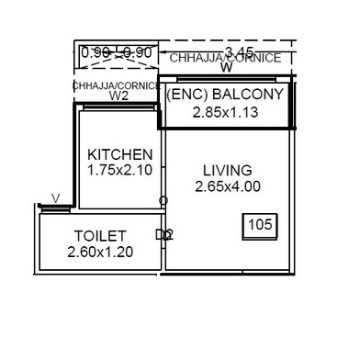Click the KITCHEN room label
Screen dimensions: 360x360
click(119, 153)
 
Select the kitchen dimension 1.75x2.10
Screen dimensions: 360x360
click(119, 170)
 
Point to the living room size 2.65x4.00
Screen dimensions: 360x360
click(228, 186)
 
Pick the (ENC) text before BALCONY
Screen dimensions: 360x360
click(189, 96)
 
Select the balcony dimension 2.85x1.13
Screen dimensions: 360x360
click(225, 113)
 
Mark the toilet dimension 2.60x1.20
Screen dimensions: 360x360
click(100, 251)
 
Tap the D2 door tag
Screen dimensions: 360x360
click(163, 234)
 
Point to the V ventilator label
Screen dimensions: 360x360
click(55, 197)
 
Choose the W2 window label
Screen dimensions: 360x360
click(118, 95)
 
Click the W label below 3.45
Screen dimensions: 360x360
click(226, 67)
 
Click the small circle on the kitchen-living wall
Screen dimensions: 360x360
click(163, 200)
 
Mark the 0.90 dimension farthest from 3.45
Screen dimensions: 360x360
click(96, 53)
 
